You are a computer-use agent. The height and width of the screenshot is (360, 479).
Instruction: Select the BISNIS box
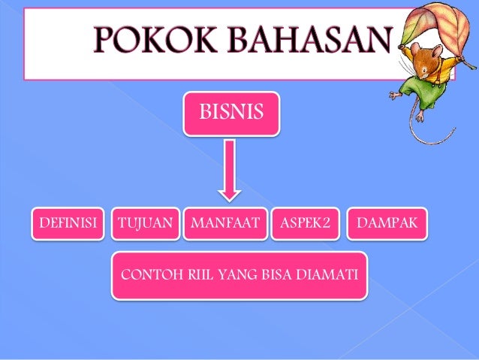pyautogui.click(x=231, y=113)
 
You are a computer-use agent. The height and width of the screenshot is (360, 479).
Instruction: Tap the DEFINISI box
pyautogui.click(x=67, y=223)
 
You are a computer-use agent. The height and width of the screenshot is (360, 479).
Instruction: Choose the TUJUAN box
pyautogui.click(x=146, y=223)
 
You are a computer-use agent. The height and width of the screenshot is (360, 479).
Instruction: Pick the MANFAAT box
pyautogui.click(x=224, y=223)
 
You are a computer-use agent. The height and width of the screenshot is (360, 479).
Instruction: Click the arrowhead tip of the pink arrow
pyautogui.click(x=231, y=197)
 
